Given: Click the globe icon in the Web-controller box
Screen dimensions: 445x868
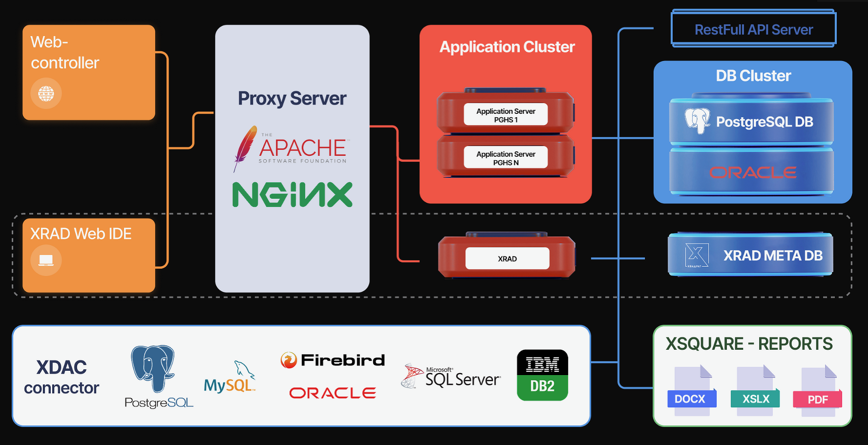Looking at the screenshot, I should pos(46,93).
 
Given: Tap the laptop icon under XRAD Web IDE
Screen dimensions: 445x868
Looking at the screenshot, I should pos(46,260).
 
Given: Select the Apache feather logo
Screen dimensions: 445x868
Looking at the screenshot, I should pos(245,148).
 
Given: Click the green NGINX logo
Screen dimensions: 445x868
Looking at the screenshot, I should pos(292,195).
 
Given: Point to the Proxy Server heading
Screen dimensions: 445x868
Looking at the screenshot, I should pos(292,99).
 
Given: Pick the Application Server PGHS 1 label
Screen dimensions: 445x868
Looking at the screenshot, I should pos(506,115).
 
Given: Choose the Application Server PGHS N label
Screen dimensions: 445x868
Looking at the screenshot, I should pos(506,158).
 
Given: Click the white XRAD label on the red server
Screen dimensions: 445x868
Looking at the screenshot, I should pos(507,258).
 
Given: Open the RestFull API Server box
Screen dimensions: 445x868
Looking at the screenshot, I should pos(753,30).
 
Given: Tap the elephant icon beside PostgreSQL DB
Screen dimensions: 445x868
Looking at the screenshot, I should pos(697,120).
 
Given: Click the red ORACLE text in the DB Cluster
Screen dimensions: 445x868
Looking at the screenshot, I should pos(752,172).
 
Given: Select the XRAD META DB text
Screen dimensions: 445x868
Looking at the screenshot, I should pos(773,255).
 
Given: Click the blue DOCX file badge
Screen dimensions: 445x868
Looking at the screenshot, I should pos(690,399).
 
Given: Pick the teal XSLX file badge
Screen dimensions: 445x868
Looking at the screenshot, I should pos(756,399).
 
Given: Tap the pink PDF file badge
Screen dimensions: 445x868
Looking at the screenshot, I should pos(818,400).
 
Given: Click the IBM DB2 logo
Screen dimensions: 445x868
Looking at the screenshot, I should pos(542,375).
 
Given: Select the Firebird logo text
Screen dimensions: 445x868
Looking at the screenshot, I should pos(343,360).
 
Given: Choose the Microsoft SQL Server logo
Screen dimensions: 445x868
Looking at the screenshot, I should pos(452,377).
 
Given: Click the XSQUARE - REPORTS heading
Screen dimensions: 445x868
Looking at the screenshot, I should pos(749,344).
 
